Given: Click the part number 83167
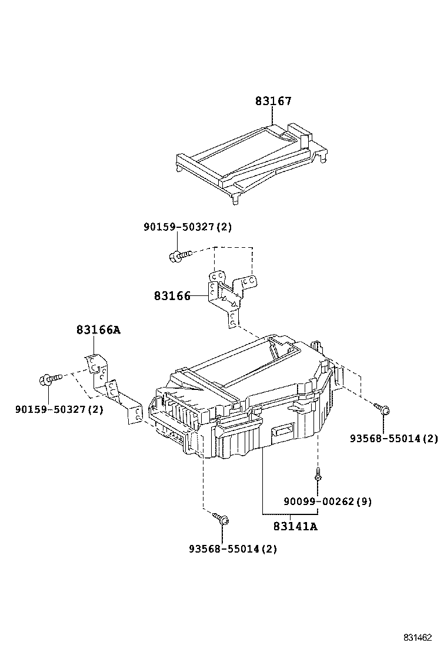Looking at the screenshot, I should click(273, 102).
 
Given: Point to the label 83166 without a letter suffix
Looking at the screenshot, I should click(172, 296).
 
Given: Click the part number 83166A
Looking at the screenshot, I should click(98, 330).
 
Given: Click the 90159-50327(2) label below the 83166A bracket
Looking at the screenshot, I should click(59, 409).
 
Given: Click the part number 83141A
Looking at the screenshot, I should click(295, 526).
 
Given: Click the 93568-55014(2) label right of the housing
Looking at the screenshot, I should click(394, 438).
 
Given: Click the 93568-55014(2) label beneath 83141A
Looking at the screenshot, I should click(233, 548).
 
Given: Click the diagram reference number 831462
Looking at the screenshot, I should click(418, 637).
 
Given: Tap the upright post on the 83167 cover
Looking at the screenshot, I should click(305, 140).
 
